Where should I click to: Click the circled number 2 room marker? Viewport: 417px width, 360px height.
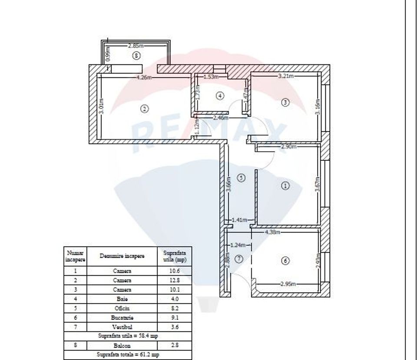[x=145, y=109]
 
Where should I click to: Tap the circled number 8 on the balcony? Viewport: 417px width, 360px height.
[x=137, y=56]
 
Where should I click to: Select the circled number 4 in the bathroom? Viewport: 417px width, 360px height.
[x=220, y=95]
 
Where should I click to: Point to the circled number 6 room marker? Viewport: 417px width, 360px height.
[x=285, y=261]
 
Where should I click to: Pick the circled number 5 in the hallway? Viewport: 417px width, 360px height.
[x=242, y=177]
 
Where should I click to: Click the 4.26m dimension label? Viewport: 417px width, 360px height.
[x=144, y=78]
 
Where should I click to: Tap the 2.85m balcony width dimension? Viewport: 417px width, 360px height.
[x=136, y=45]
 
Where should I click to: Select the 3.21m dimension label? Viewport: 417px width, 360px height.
[x=286, y=76]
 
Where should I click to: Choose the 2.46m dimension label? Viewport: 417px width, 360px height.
[x=220, y=118]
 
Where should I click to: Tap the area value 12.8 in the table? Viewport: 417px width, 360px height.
[x=174, y=280]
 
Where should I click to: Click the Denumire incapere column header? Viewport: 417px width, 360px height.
[x=122, y=256]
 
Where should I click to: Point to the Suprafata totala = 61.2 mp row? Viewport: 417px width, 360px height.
[x=128, y=355]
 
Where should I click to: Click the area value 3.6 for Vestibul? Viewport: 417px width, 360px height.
[x=174, y=327]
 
